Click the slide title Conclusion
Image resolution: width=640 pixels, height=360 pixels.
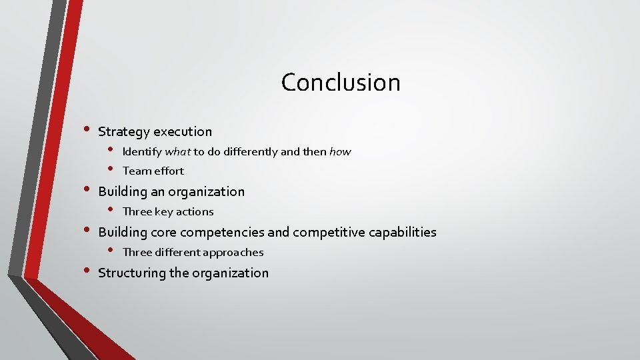coord(341,83)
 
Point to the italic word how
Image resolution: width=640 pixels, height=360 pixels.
coord(340,152)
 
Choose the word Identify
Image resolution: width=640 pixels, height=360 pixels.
coord(141,152)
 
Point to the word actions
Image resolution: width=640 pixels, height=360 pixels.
coord(195,212)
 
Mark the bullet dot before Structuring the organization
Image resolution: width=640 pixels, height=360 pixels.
coord(85,271)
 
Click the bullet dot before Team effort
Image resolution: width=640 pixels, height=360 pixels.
coord(111,169)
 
